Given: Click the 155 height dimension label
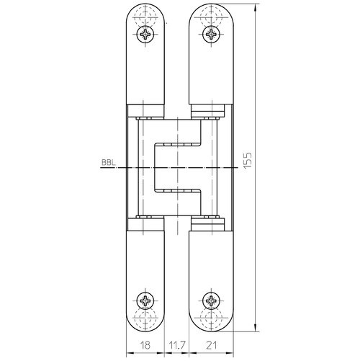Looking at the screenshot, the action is pyautogui.click(x=248, y=160).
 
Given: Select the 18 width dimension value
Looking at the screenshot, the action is pyautogui.click(x=145, y=345).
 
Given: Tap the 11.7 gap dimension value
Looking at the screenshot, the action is pyautogui.click(x=176, y=345).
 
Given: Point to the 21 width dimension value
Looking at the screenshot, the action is pyautogui.click(x=211, y=345).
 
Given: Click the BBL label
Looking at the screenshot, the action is pyautogui.click(x=109, y=163).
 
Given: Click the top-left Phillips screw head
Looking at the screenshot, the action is pyautogui.click(x=145, y=34).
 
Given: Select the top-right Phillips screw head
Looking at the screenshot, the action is pyautogui.click(x=211, y=34).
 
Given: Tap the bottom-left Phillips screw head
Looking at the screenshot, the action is pyautogui.click(x=145, y=300).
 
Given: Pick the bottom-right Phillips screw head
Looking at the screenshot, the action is pyautogui.click(x=211, y=300).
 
